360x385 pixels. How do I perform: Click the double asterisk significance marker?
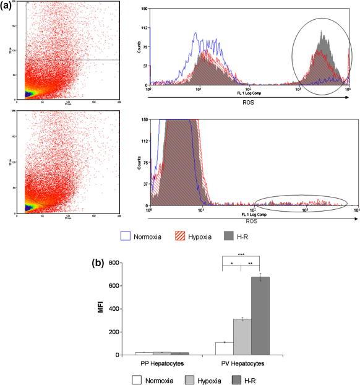click(x=251, y=263)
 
